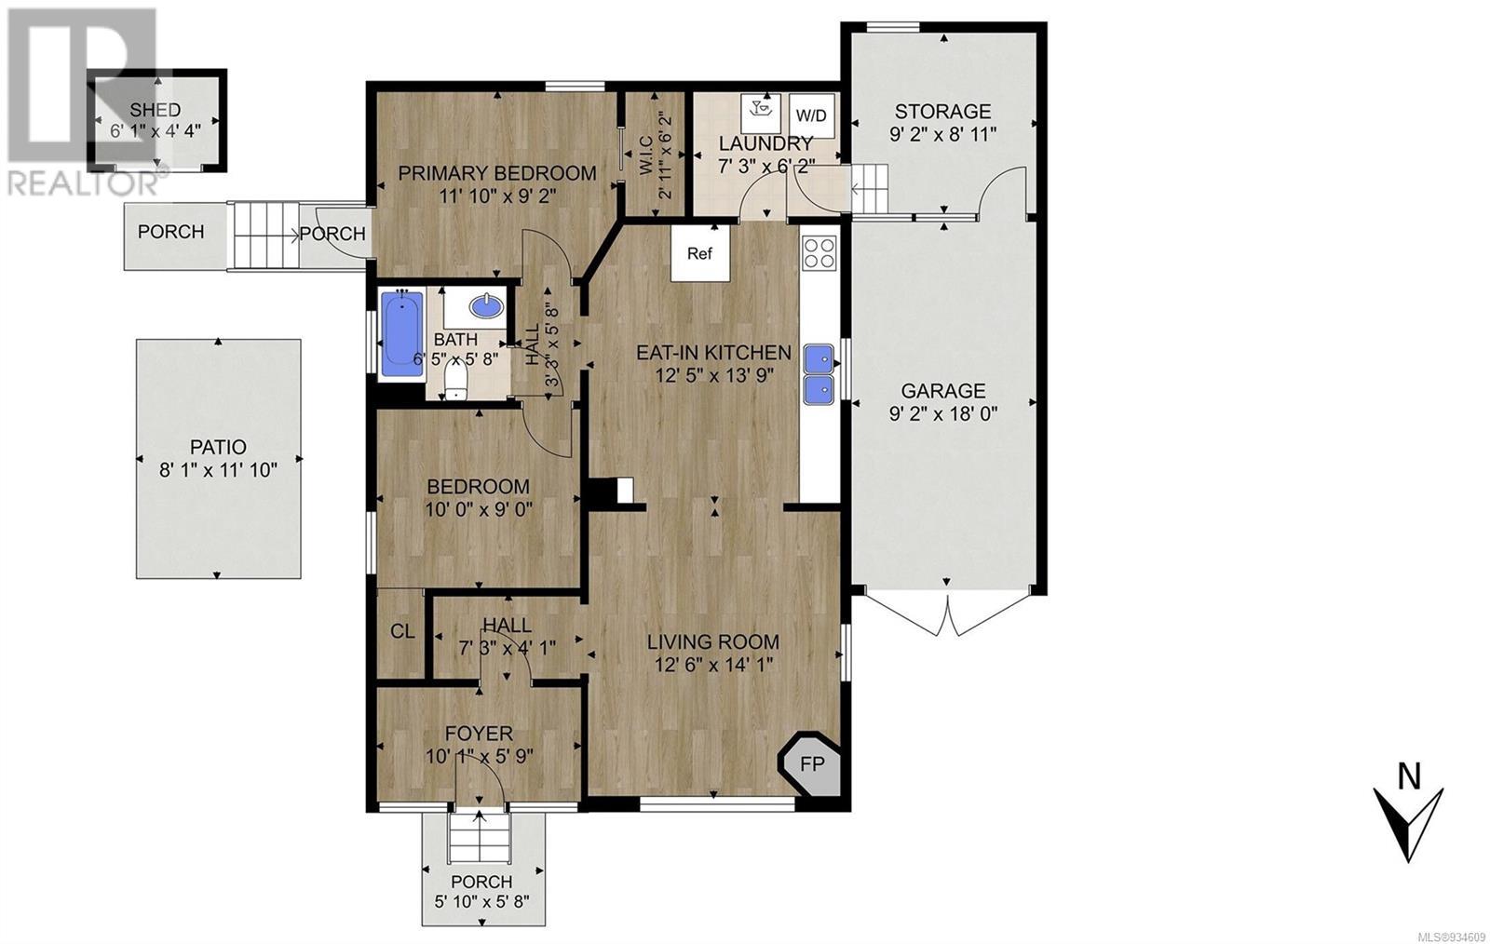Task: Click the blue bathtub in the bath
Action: click(x=401, y=333)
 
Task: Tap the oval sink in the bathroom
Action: click(x=486, y=306)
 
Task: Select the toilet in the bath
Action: click(x=455, y=383)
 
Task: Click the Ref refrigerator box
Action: click(x=699, y=253)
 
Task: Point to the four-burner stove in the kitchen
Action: click(x=819, y=253)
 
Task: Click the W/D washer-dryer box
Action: click(x=811, y=115)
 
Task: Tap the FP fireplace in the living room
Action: click(x=810, y=763)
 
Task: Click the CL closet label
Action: click(x=401, y=631)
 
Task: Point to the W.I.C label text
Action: click(x=647, y=174)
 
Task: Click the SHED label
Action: click(x=155, y=110)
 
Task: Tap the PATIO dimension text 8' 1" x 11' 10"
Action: click(x=218, y=471)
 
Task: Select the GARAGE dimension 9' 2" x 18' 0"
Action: click(x=943, y=414)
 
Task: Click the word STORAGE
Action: click(x=942, y=111)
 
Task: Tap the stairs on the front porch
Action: click(x=480, y=838)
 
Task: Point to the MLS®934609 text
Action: click(x=1449, y=936)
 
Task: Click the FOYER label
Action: click(x=479, y=734)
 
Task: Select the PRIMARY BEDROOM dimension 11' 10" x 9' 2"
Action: click(x=497, y=196)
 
